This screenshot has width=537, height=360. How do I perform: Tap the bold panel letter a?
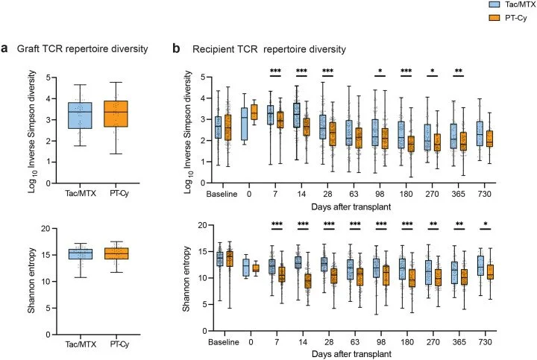[5, 49]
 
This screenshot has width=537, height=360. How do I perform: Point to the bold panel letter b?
[176, 49]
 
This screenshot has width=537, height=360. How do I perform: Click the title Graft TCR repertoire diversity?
[83, 50]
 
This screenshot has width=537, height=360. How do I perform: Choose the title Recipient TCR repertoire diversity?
[268, 50]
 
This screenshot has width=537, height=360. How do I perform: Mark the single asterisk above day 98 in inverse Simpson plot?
[381, 72]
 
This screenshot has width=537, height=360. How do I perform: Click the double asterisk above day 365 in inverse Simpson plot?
[462, 72]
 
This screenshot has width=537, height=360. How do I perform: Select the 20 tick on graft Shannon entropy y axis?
[43, 228]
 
